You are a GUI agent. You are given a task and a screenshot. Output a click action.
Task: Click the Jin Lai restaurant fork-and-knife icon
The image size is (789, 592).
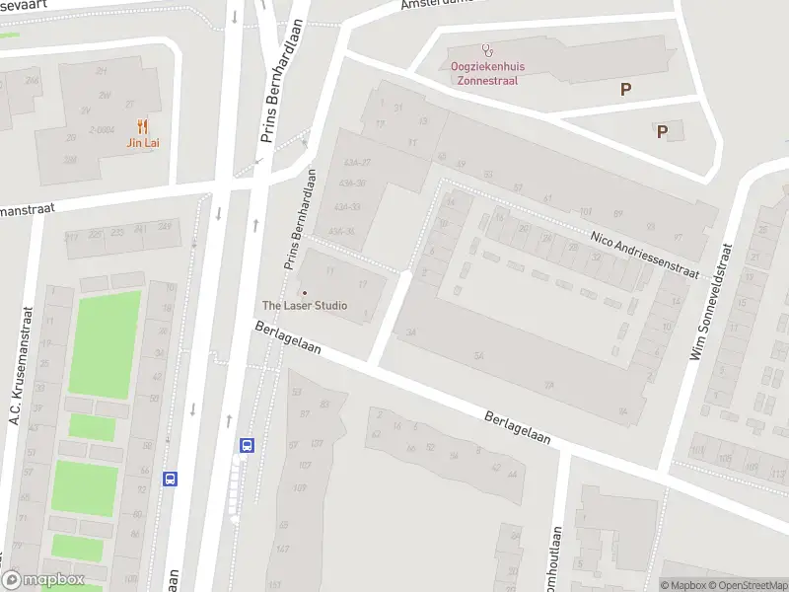coord(143,126)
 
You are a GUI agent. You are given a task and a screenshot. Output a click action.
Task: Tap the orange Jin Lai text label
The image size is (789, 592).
coord(143,143)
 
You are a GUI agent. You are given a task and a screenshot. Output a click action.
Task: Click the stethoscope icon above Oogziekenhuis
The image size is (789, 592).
coord(485,49)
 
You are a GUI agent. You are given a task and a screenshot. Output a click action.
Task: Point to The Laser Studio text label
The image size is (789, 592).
coord(304,305)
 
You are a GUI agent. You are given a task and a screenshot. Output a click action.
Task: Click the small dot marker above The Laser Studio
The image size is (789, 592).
coord(304,292)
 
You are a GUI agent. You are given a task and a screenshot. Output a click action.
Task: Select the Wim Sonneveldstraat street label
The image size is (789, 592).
coord(709,302)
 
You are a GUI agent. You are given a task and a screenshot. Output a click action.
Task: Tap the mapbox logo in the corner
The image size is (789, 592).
coord(43,579)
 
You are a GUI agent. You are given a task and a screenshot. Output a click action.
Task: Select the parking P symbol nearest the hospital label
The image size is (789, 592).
coord(625,89)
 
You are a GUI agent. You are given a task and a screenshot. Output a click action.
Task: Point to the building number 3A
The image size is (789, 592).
coord(410,333)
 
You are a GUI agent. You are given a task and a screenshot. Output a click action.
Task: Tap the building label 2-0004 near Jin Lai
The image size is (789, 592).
coord(101,129)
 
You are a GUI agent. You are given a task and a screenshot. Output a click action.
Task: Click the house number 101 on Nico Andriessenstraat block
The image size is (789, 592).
coord(585,211)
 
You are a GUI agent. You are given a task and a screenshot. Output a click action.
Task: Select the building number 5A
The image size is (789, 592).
coord(480,356)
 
